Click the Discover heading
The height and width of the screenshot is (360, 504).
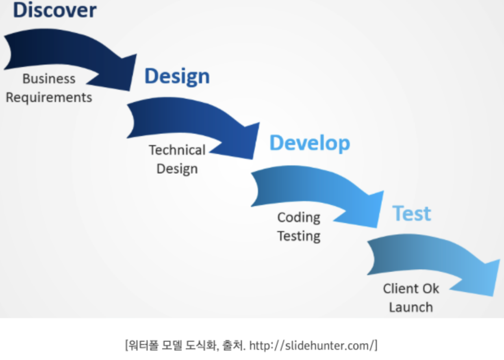(x=54, y=11)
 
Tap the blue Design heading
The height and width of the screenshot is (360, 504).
(x=177, y=76)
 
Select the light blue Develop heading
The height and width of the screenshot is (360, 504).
(x=309, y=143)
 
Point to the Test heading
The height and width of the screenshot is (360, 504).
(x=411, y=214)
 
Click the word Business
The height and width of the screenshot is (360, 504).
(x=49, y=78)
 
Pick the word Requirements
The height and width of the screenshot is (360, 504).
(x=49, y=98)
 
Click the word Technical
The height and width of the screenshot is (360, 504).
(x=177, y=150)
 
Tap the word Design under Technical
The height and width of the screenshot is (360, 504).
(x=177, y=169)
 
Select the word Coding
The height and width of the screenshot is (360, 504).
(x=299, y=217)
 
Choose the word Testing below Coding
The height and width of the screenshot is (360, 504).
(x=299, y=236)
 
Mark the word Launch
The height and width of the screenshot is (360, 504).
(x=411, y=307)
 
